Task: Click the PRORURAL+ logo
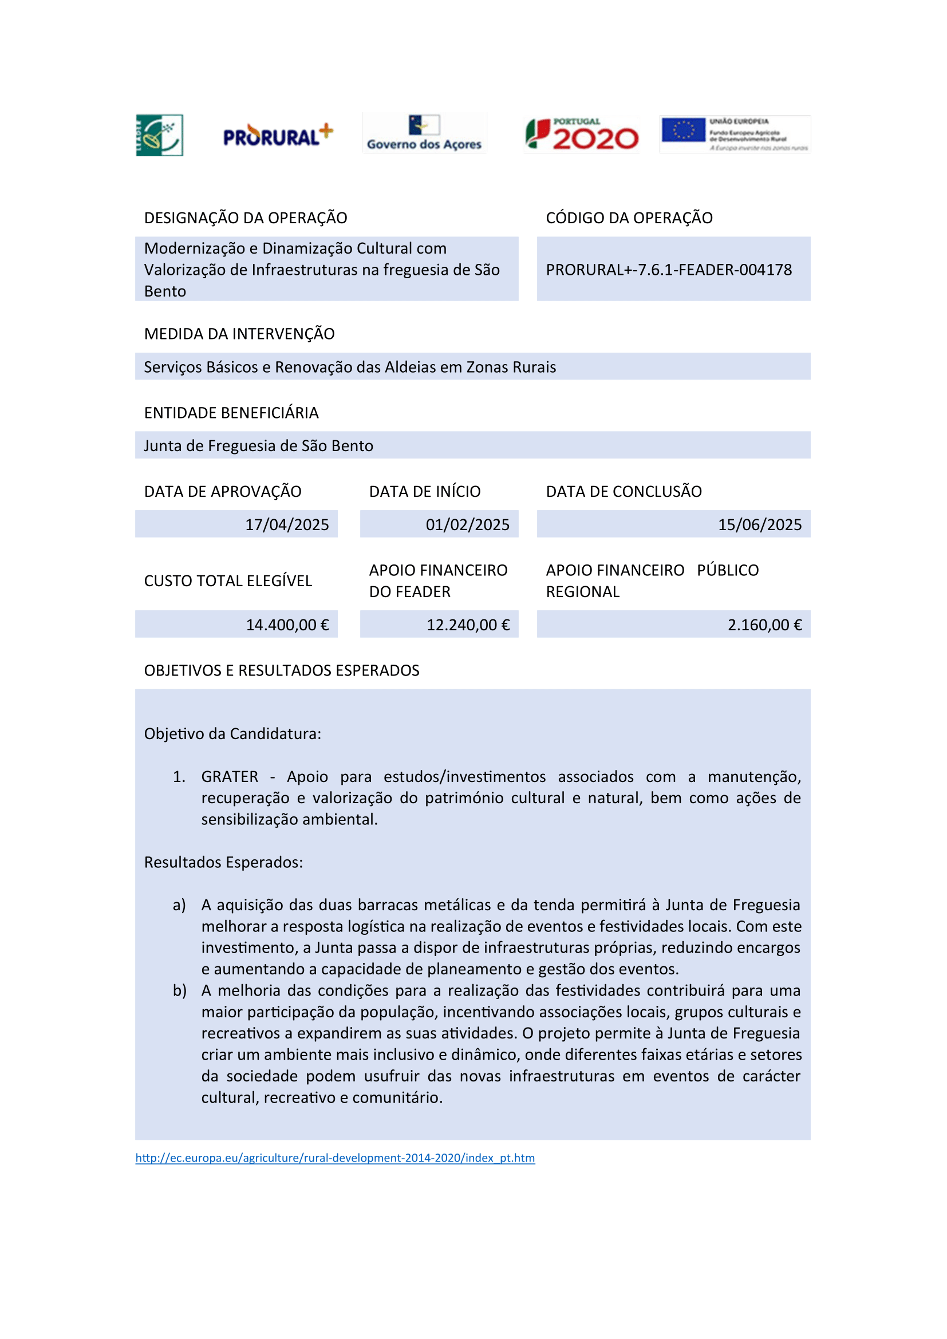pyautogui.click(x=278, y=135)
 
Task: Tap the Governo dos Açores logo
pyautogui.click(x=424, y=133)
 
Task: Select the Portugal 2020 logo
pyautogui.click(x=581, y=134)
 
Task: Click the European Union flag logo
pyautogui.click(x=684, y=130)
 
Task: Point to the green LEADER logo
pyautogui.click(x=159, y=135)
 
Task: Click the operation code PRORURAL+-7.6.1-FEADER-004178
pyautogui.click(x=669, y=270)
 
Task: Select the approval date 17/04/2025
pyautogui.click(x=287, y=525)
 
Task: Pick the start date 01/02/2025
pyautogui.click(x=467, y=525)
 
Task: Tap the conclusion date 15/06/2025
pyautogui.click(x=759, y=525)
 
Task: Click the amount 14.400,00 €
pyautogui.click(x=287, y=625)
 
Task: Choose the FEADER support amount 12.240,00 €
pyautogui.click(x=468, y=625)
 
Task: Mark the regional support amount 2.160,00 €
pyautogui.click(x=764, y=625)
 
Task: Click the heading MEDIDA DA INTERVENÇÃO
pyautogui.click(x=239, y=334)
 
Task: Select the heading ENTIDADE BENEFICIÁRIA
pyautogui.click(x=231, y=413)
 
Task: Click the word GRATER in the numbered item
pyautogui.click(x=229, y=777)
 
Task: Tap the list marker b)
pyautogui.click(x=179, y=991)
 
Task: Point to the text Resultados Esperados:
pyautogui.click(x=223, y=863)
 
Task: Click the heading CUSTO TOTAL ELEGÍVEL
pyautogui.click(x=228, y=581)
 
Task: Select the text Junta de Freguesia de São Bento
pyautogui.click(x=258, y=446)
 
